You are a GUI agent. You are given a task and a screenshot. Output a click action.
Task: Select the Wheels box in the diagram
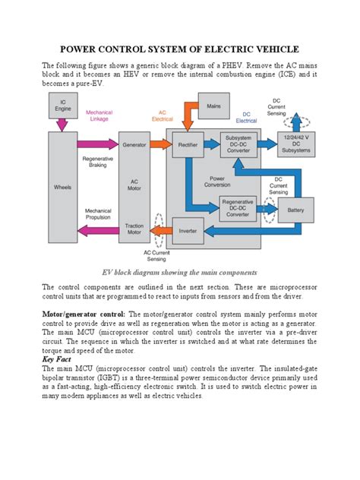(x=60, y=185)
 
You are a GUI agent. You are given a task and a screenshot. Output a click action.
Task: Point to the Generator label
(x=134, y=144)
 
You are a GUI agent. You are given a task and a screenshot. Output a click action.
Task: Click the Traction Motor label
(x=134, y=229)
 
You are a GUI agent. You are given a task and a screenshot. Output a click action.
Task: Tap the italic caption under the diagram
(x=179, y=271)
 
